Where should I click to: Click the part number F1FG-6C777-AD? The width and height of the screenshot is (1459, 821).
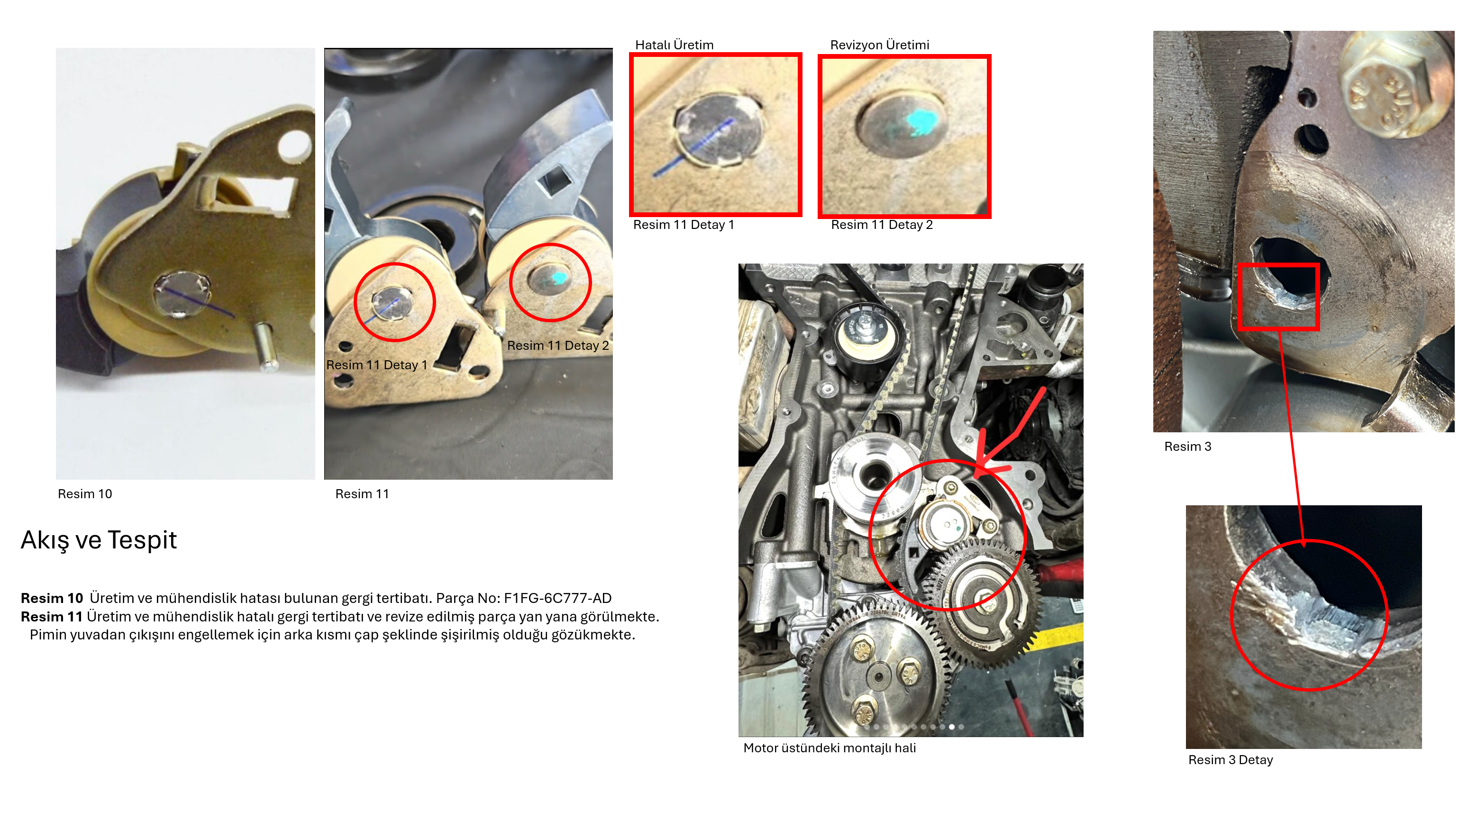pyautogui.click(x=557, y=598)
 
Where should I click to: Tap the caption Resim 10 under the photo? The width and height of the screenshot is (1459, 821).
pyautogui.click(x=85, y=494)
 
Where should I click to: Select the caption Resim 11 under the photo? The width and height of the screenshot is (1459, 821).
pyautogui.click(x=362, y=494)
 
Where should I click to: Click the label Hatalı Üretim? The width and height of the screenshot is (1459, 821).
pyautogui.click(x=674, y=45)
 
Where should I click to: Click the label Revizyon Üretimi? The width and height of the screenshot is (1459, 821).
pyautogui.click(x=880, y=45)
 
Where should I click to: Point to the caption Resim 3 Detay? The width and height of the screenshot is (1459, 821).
pyautogui.click(x=1230, y=760)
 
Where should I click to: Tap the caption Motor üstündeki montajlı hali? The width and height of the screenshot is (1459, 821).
pyautogui.click(x=829, y=748)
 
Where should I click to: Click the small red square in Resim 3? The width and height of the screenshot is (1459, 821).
pyautogui.click(x=1278, y=297)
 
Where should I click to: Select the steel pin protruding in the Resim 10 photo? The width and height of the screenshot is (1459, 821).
pyautogui.click(x=264, y=347)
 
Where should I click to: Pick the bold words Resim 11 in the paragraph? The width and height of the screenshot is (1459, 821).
pyautogui.click(x=52, y=616)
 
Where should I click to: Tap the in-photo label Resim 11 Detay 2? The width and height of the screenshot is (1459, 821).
pyautogui.click(x=558, y=346)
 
